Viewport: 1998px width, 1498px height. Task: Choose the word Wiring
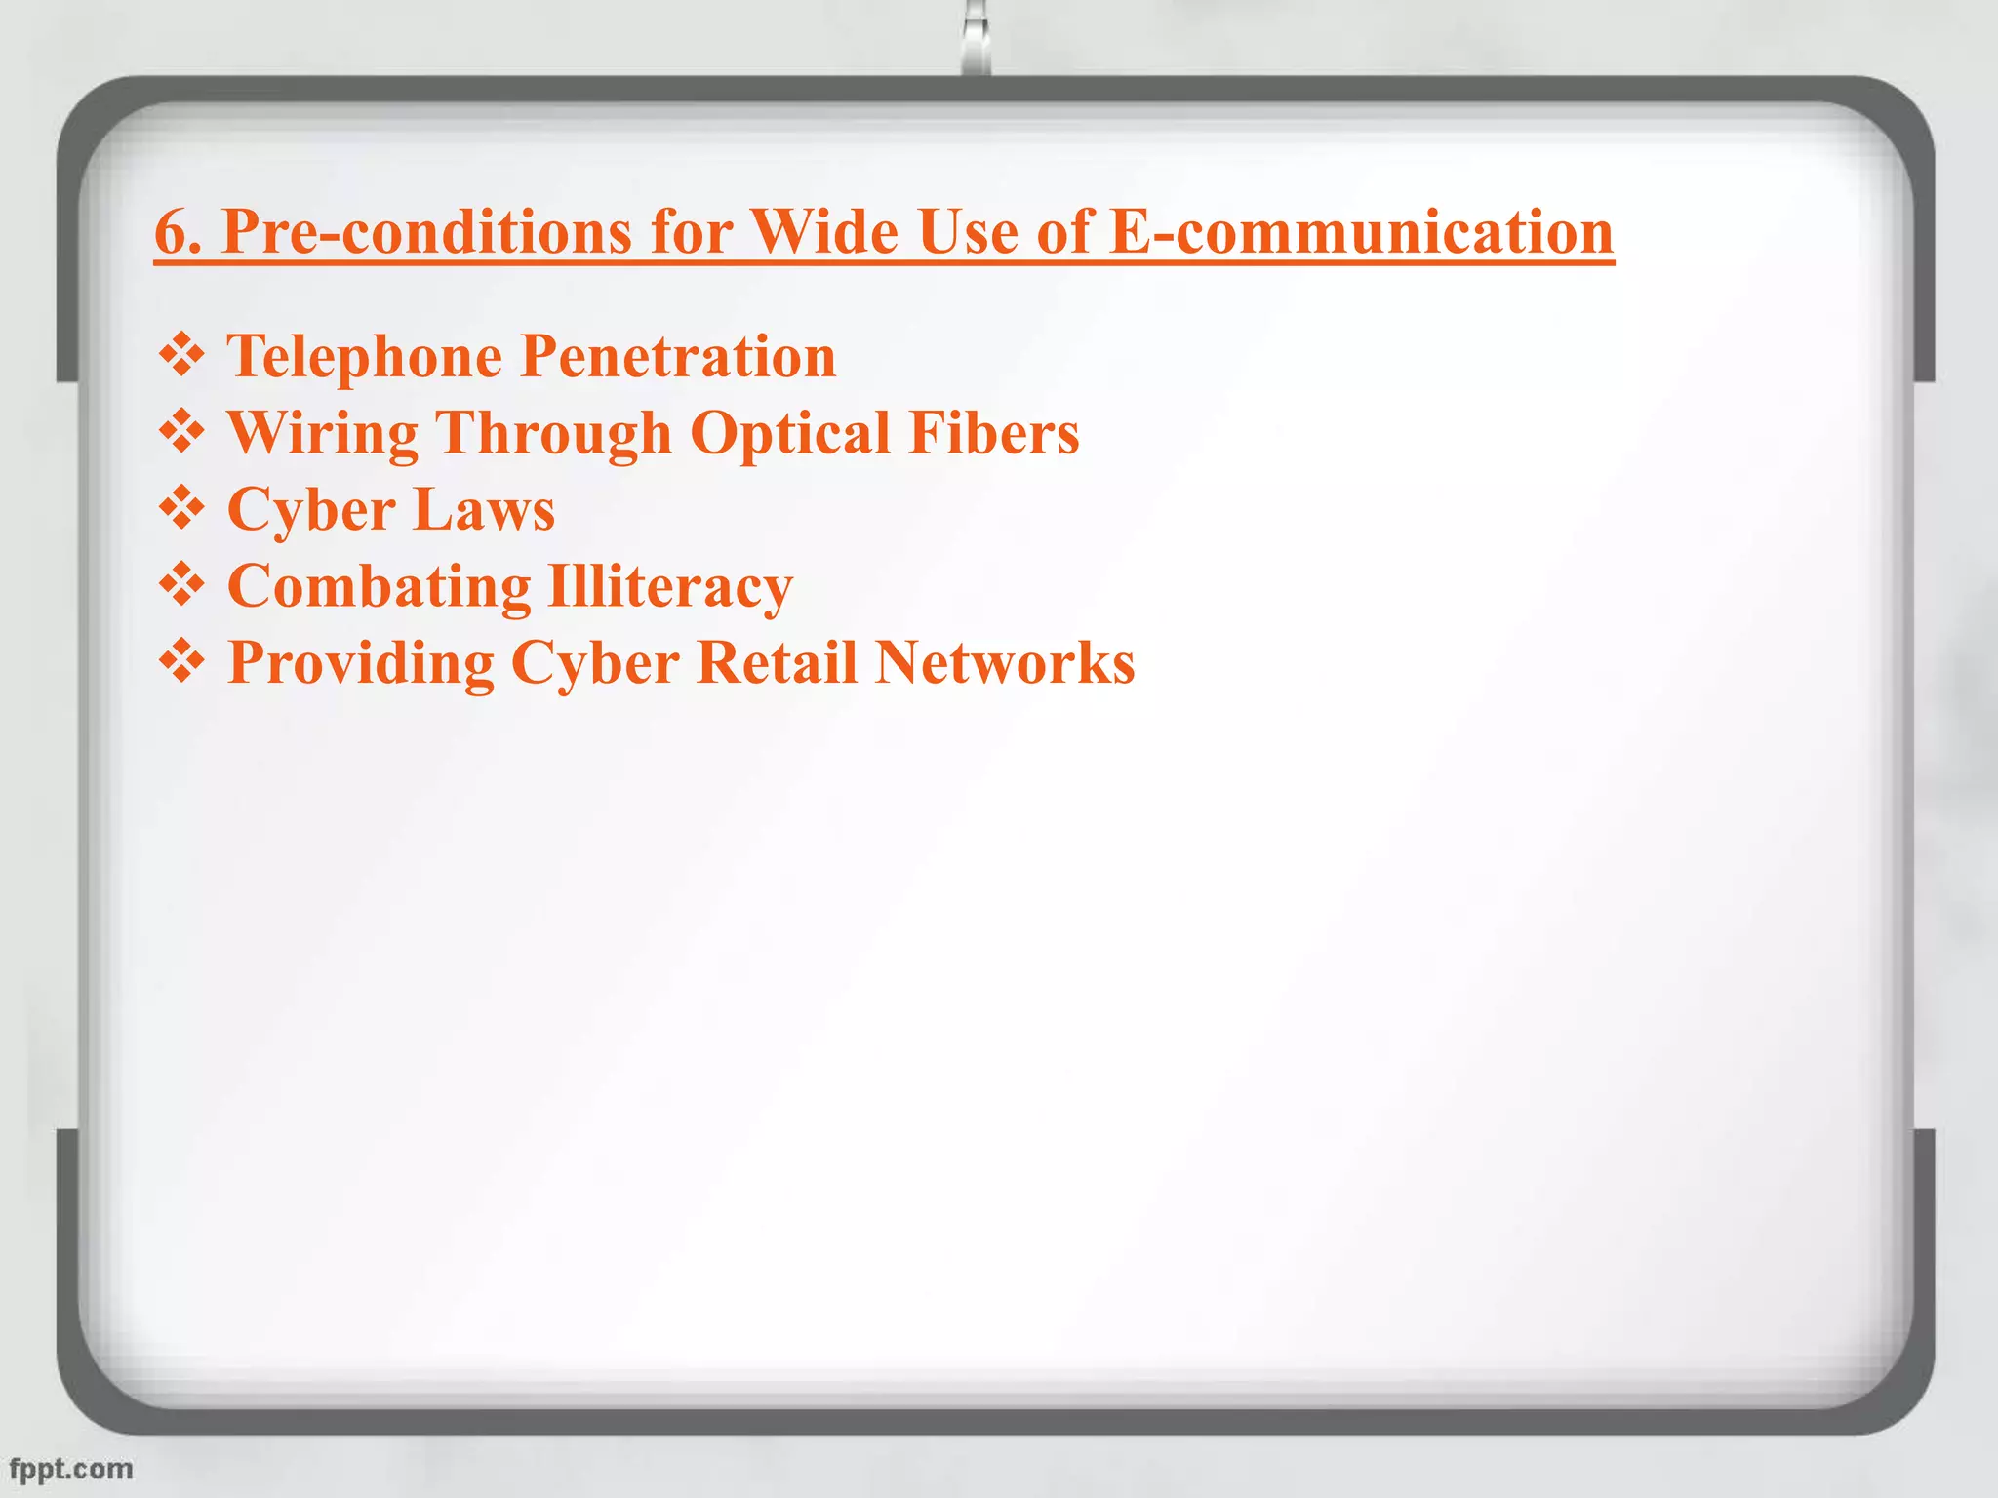point(323,433)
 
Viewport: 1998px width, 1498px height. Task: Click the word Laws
point(484,510)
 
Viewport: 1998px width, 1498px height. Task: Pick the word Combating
point(379,587)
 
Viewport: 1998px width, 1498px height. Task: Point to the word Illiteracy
point(670,587)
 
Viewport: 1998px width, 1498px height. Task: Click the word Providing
point(361,664)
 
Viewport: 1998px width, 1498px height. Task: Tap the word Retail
point(777,663)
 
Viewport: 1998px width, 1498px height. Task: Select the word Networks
point(1005,663)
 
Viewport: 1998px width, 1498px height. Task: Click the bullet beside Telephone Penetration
point(181,356)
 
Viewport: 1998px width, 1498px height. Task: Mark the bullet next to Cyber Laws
point(181,509)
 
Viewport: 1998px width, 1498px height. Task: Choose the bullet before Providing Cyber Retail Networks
point(181,662)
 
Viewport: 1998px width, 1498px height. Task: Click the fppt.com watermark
point(70,1469)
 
